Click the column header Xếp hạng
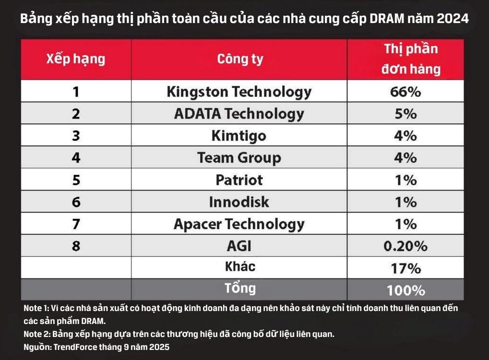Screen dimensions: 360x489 point(75,60)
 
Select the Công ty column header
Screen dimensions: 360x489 point(240,60)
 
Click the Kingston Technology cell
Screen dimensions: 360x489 point(239,92)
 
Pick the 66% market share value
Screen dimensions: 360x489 point(406,92)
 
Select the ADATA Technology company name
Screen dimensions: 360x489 point(239,114)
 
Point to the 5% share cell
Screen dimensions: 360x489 point(406,114)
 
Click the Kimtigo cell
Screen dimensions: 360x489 point(239,136)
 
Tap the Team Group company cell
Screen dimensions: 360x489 point(239,158)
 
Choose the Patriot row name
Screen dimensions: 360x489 point(239,180)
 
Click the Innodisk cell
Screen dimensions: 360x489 point(239,202)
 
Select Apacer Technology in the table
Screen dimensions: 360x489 point(239,224)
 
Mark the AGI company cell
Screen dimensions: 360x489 point(239,246)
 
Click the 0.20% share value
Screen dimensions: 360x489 point(406,246)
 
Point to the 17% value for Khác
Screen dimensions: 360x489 point(406,268)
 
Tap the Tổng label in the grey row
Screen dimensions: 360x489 point(240,288)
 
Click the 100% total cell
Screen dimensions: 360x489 point(406,290)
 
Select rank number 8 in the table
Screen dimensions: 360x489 point(76,246)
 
